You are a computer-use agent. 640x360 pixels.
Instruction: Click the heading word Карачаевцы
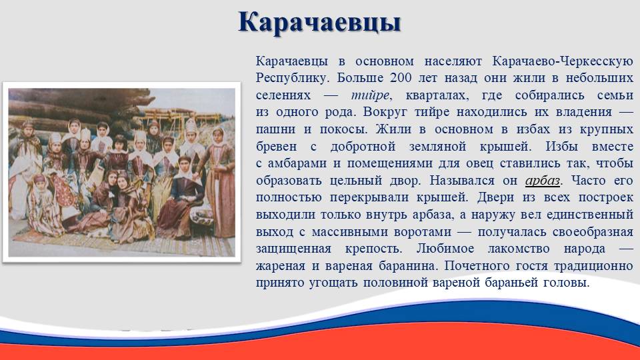pos(319,23)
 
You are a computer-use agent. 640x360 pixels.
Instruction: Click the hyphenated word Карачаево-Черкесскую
pos(563,61)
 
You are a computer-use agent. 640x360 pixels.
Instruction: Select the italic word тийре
pos(370,95)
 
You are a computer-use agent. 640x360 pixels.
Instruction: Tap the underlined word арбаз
pos(543,181)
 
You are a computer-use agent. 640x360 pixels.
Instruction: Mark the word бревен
pos(276,147)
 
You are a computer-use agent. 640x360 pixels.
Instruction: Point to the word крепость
pos(373,249)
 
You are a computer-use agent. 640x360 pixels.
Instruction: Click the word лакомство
pos(519,249)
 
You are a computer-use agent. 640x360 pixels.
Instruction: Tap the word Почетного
pos(477,266)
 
